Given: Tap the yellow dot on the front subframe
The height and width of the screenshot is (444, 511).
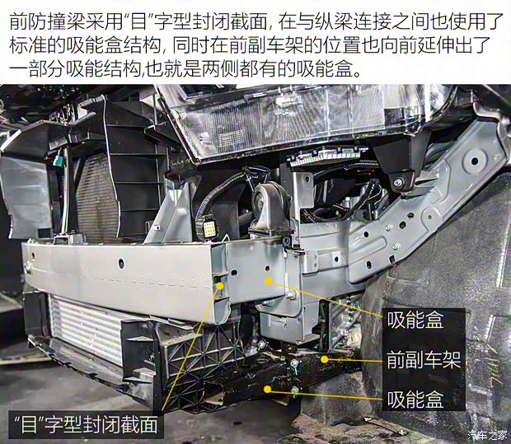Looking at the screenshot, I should pos(326,359).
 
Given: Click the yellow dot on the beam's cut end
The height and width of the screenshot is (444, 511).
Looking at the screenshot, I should pos(219,287).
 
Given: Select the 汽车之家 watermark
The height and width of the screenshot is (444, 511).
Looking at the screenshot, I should pos(487,434).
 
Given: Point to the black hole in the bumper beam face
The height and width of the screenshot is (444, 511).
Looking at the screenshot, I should pos(120,262).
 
